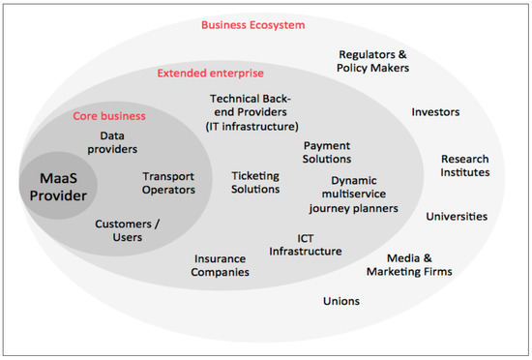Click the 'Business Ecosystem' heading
point(252,24)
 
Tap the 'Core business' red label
point(110,116)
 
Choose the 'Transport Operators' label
point(169,183)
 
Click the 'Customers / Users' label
point(127,230)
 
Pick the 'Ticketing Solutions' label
point(255,182)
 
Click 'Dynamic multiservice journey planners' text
point(353,194)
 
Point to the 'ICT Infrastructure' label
point(306,244)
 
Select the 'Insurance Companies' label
point(222,265)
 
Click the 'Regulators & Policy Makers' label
point(373,61)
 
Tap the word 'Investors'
point(435,112)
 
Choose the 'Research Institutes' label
point(465,165)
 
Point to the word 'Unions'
point(341,301)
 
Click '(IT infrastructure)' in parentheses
point(251,125)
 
